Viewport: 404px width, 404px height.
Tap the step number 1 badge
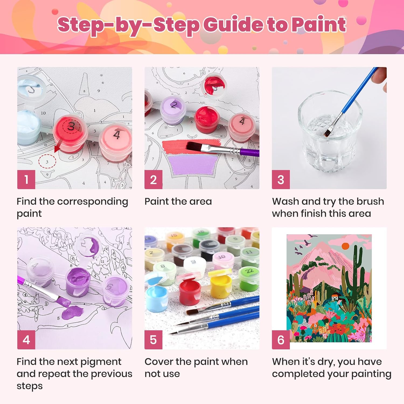[x=26, y=179]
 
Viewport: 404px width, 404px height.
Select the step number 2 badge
[x=153, y=179]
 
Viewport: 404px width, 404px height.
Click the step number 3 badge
[x=281, y=179]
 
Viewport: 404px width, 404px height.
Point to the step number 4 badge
[x=26, y=340]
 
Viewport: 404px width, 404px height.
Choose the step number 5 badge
[x=153, y=340]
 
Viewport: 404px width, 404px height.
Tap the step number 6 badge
[x=281, y=340]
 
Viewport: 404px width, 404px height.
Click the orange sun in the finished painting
[x=345, y=246]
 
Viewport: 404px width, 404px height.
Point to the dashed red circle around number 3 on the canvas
[x=47, y=162]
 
